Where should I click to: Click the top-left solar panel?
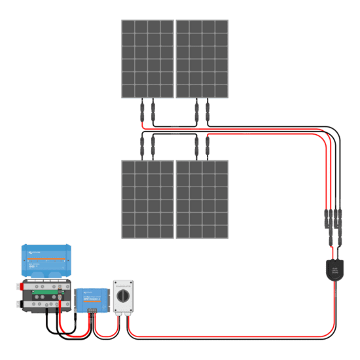pyautogui.click(x=147, y=58)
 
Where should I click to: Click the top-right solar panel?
pyautogui.click(x=202, y=58)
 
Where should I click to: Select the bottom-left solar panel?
pyautogui.click(x=147, y=199)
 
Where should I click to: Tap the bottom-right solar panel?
pyautogui.click(x=202, y=199)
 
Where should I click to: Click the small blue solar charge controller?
pyautogui.click(x=91, y=300)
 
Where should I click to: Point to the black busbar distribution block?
pyautogui.click(x=46, y=298)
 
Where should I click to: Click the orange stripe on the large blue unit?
pyautogui.click(x=47, y=261)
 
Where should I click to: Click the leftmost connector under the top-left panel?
pyautogui.click(x=141, y=112)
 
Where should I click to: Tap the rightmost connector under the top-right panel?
pyautogui.click(x=208, y=112)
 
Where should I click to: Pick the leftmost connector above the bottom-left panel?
pyautogui.click(x=141, y=145)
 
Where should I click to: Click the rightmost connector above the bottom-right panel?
pyautogui.click(x=208, y=145)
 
